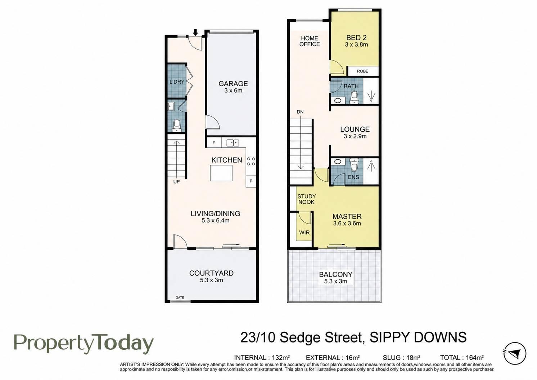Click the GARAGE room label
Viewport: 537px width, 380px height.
[x=233, y=84]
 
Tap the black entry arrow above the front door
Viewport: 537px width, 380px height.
[x=196, y=32]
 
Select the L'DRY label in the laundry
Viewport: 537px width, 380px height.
[x=177, y=82]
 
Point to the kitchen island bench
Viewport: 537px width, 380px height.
[x=221, y=173]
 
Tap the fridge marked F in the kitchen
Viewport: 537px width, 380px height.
[x=213, y=143]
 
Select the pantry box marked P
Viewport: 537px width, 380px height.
[x=251, y=181]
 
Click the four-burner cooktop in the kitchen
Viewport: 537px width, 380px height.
[x=251, y=162]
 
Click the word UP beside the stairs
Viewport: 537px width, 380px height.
[x=176, y=182]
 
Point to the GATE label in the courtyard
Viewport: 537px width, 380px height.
[x=180, y=297]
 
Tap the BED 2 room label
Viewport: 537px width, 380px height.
[x=356, y=38]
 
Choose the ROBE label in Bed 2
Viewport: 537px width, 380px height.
[x=362, y=71]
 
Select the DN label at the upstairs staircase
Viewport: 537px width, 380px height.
[x=300, y=112]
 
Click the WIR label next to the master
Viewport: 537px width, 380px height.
[x=304, y=233]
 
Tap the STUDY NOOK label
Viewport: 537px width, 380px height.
[x=307, y=199]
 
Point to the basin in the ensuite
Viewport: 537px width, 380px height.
[x=338, y=162]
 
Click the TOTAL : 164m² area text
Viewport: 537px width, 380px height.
[x=462, y=358]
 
